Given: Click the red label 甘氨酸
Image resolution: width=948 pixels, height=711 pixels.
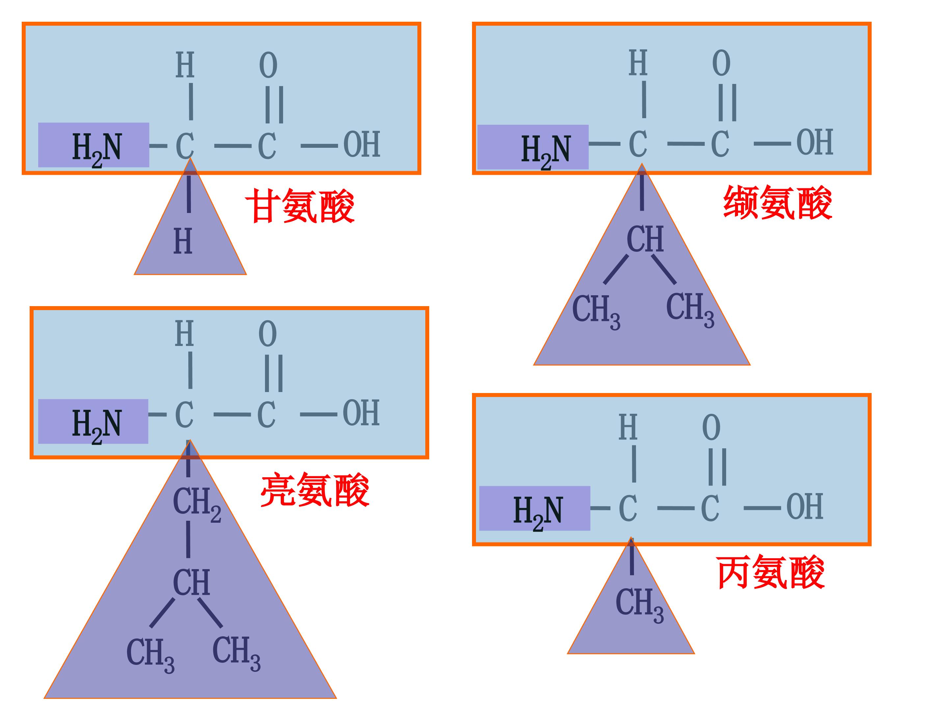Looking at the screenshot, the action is coord(300,206).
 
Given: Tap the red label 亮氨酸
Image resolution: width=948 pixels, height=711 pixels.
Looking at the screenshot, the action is coord(315,490).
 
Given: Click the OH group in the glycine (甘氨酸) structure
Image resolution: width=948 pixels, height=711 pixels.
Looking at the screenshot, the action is coord(362,145).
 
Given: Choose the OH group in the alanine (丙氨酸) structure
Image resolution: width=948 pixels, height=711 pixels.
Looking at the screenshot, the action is coord(804,506).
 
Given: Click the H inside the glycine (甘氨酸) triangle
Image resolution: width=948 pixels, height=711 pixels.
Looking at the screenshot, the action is coord(183,241).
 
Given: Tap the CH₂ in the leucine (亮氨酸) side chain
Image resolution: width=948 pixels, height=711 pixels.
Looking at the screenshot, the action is coord(197,504).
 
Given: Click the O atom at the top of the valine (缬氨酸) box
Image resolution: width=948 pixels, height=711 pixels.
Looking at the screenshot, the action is coord(721,63).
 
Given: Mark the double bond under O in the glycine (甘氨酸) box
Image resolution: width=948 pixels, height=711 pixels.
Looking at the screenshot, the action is coord(274,105).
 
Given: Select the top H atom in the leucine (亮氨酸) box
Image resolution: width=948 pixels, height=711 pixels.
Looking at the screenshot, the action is coord(184,333).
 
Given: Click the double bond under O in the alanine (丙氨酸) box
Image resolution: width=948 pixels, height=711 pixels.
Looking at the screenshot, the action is coord(718,467).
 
